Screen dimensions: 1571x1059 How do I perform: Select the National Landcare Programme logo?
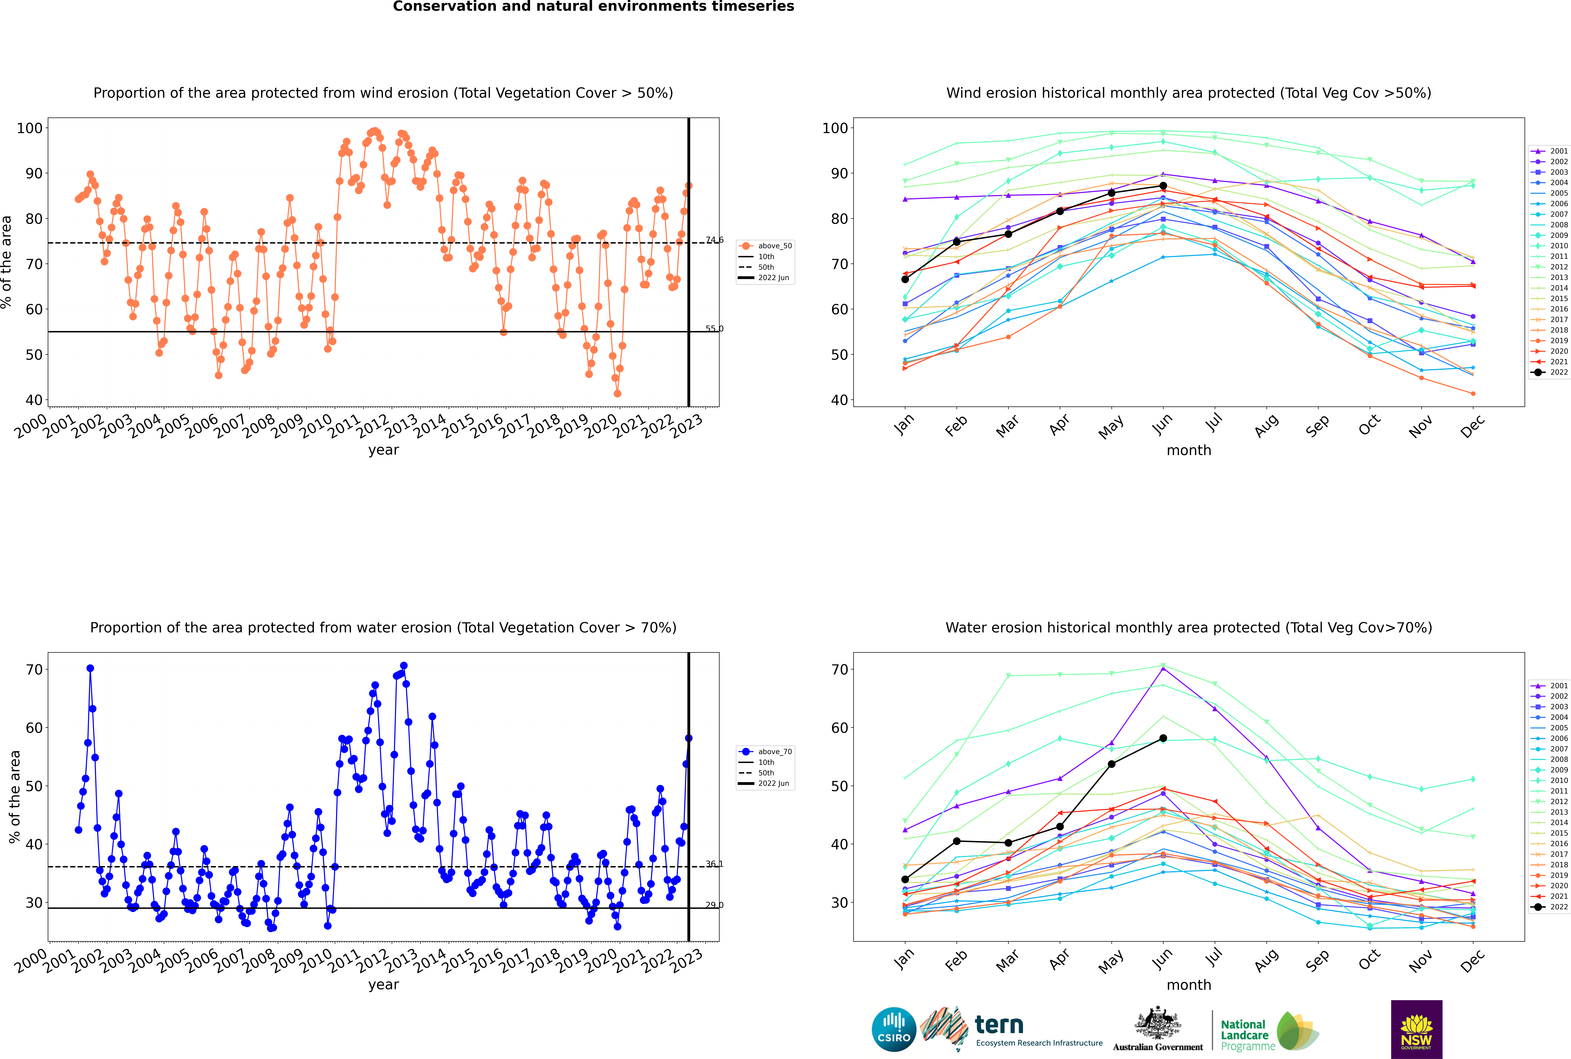pyautogui.click(x=1270, y=1031)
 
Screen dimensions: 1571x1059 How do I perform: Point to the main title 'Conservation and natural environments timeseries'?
pyautogui.click(x=594, y=7)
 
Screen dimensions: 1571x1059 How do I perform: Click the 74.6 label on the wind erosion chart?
pyautogui.click(x=715, y=240)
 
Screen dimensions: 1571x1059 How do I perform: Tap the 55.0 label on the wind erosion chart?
pyautogui.click(x=715, y=329)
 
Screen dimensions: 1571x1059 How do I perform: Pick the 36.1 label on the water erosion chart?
pyautogui.click(x=715, y=864)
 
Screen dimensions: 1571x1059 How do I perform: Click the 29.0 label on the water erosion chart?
pyautogui.click(x=715, y=905)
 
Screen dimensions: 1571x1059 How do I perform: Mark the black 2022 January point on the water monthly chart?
pyautogui.click(x=905, y=879)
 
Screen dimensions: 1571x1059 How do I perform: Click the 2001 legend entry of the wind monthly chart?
pyautogui.click(x=1550, y=151)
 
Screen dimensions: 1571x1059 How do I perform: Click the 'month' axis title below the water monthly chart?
pyautogui.click(x=1189, y=985)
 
